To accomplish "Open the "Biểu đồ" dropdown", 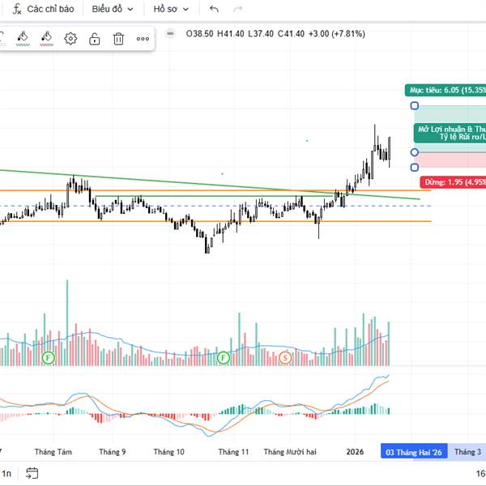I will pos(112,9).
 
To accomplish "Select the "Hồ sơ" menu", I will pos(171,9).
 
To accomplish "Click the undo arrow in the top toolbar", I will pos(214,9).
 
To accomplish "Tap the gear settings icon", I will pos(70,38).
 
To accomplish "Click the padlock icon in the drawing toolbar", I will pos(95,38).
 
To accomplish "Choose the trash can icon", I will pos(118,38).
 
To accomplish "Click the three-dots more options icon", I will pos(143,38).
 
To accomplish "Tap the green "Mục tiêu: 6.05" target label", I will pos(446,90).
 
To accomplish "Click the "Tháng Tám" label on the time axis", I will pos(53,452).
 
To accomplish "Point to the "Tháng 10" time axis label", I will pos(168,452).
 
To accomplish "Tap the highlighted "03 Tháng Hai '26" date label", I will pos(414,452).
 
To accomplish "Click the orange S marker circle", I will pos(285,356).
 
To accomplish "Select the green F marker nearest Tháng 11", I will pos(224,356).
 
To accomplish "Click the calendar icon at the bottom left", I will pos(32,473).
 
